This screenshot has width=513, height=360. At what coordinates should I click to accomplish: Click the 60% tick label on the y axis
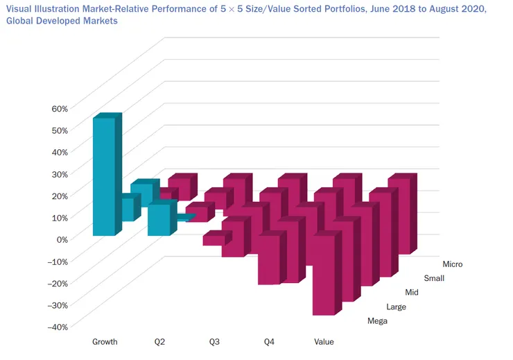click(59, 108)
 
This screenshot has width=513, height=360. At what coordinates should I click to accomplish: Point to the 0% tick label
click(61, 239)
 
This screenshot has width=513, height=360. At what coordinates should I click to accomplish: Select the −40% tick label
click(58, 327)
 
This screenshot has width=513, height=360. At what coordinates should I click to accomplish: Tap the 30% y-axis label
click(59, 173)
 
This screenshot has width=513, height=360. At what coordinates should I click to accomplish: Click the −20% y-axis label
click(58, 283)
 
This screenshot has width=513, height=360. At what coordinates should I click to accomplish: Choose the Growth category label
click(105, 342)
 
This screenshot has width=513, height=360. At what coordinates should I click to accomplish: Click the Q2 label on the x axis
click(160, 342)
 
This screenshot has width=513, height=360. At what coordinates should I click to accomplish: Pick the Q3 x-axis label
click(214, 342)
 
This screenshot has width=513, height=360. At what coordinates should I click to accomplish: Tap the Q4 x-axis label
click(270, 342)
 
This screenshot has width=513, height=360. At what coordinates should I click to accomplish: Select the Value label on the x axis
click(324, 342)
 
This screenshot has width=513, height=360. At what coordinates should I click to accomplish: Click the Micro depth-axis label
click(452, 264)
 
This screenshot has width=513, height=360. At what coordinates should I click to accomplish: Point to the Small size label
click(434, 279)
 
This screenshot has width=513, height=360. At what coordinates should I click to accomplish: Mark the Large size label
click(396, 307)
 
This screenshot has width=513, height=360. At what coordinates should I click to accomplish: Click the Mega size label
click(377, 321)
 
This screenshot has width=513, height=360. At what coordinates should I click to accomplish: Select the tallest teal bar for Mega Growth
click(103, 177)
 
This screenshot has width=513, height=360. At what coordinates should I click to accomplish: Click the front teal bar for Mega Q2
click(158, 220)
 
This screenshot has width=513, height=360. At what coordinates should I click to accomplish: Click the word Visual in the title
click(19, 9)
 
